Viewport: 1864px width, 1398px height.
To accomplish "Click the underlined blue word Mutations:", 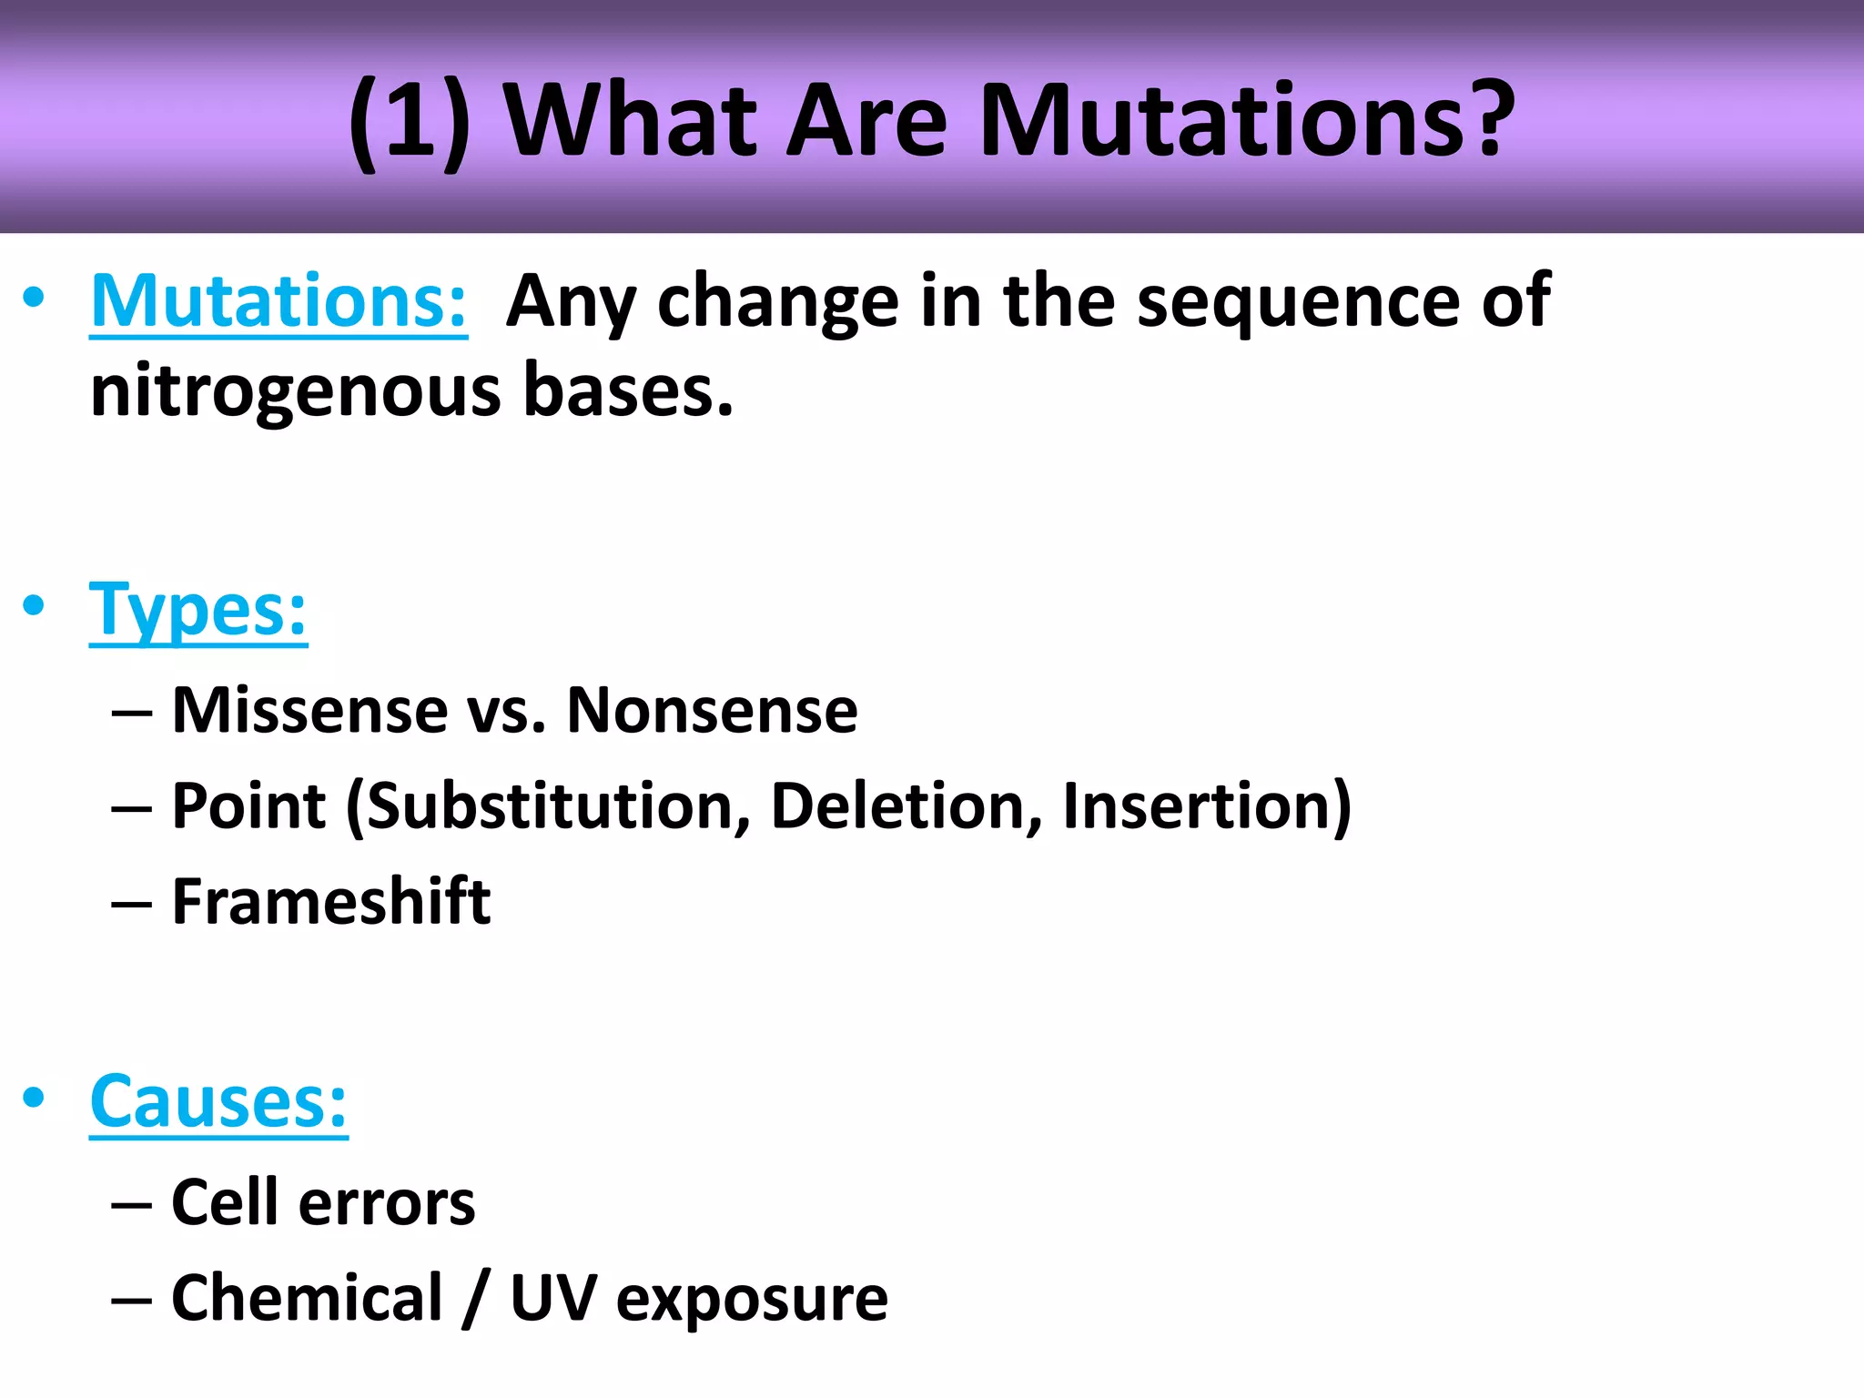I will (x=279, y=302).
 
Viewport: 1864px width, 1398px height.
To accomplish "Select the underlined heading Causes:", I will (x=218, y=1102).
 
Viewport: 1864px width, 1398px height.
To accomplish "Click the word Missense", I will (x=309, y=710).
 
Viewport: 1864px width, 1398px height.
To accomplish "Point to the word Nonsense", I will (x=712, y=710).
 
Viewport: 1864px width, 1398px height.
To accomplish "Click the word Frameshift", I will (x=331, y=902).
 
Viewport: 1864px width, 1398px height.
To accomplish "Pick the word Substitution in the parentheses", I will (x=550, y=806).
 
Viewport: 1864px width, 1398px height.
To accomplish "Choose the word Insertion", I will (x=1198, y=806).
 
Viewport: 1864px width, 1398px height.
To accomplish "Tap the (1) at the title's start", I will (x=410, y=122).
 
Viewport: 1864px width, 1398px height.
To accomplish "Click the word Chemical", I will (x=307, y=1298).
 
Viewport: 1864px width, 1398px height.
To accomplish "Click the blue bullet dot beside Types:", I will (x=34, y=605).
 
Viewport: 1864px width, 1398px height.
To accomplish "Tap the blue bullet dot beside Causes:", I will (x=34, y=1097).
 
